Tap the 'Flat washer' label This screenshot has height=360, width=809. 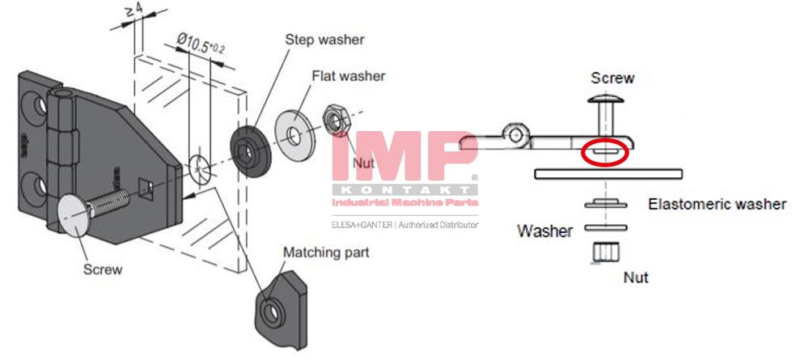point(349,76)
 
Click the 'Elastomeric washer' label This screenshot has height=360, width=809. point(717,204)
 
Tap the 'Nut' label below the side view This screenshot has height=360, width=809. point(635,277)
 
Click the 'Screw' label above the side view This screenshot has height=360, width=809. point(612,78)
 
